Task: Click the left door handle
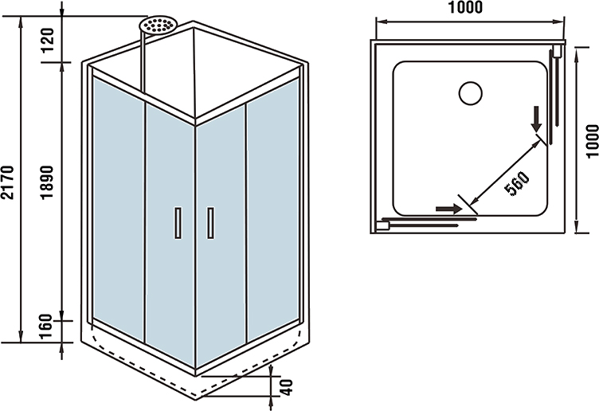tap(177, 222)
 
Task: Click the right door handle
tap(209, 222)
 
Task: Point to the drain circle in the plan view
tap(471, 92)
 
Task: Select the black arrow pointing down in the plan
tap(538, 119)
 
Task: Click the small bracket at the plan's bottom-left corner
tap(382, 225)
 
